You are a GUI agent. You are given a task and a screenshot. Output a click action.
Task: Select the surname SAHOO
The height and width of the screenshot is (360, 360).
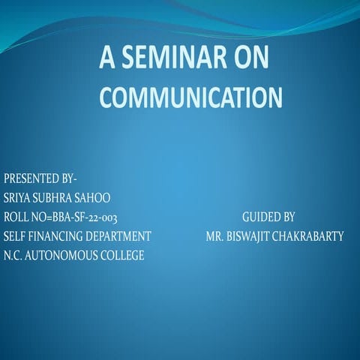point(95,198)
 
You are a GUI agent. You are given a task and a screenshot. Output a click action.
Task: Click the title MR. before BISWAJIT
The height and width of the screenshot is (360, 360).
point(215,236)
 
